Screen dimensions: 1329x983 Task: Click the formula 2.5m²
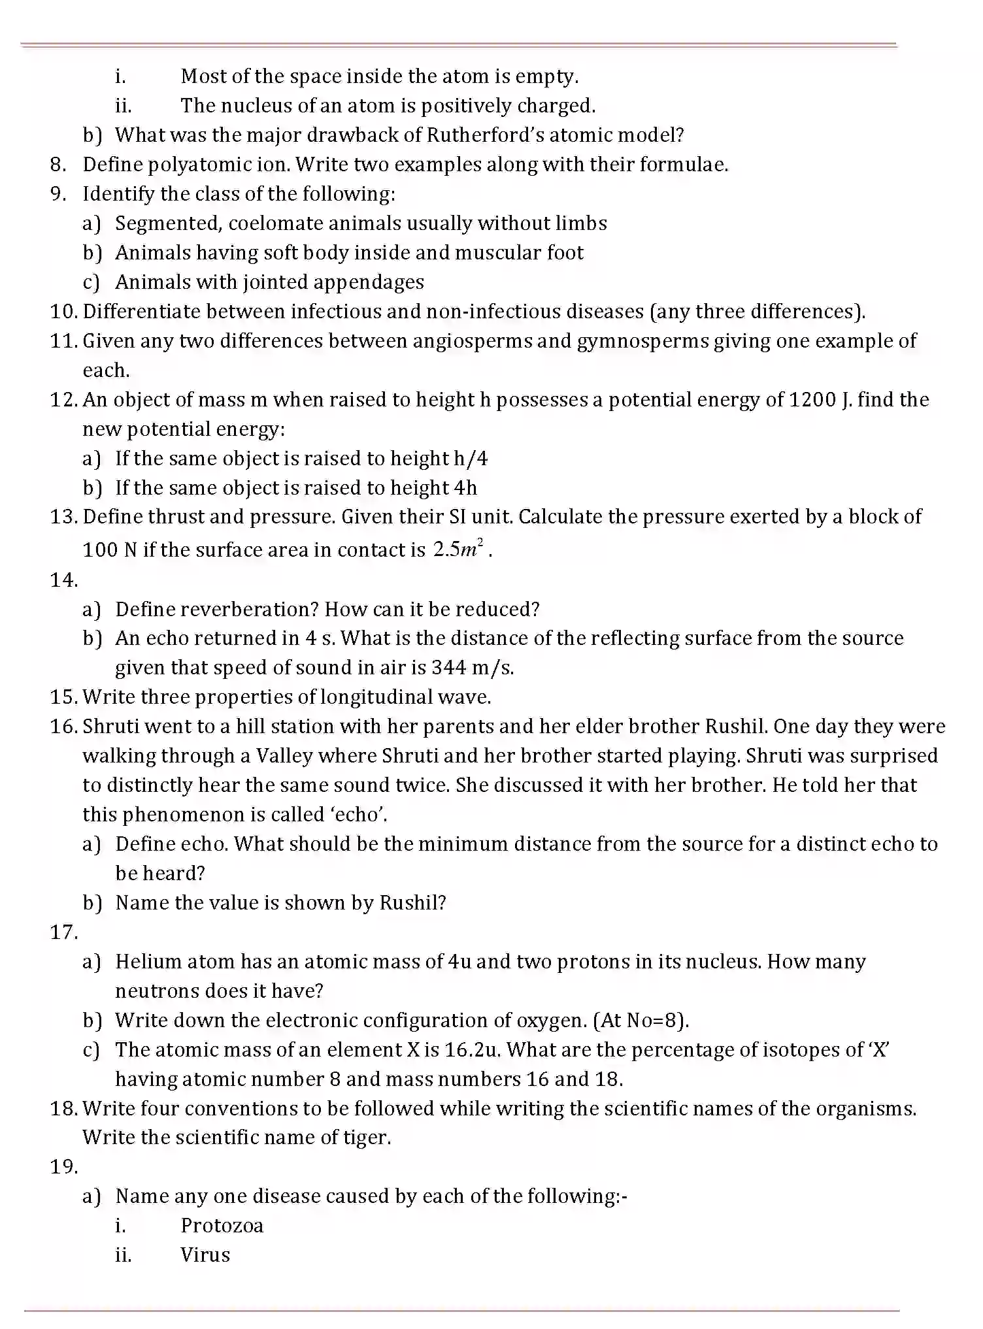(x=458, y=550)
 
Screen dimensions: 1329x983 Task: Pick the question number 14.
(x=63, y=580)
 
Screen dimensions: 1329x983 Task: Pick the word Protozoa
(x=222, y=1226)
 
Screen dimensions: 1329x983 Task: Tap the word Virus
(x=205, y=1255)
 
